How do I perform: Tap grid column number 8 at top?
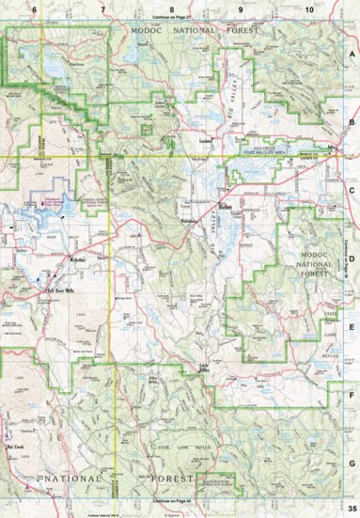point(171,8)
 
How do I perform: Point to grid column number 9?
point(241,8)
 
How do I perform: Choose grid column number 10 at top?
point(308,8)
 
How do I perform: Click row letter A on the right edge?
point(352,55)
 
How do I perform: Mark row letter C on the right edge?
point(352,191)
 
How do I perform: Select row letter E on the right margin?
point(352,327)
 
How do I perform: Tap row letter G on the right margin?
point(352,463)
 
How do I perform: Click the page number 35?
point(351,509)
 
